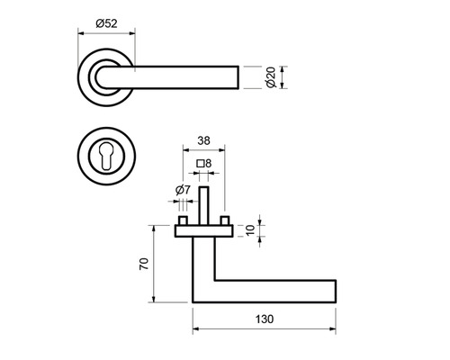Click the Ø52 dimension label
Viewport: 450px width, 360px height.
106,23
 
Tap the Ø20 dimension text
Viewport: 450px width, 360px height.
271,77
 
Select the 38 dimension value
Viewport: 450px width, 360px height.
203,140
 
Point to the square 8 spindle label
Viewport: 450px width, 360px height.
204,164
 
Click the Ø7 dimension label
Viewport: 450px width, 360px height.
183,190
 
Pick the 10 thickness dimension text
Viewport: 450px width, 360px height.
250,230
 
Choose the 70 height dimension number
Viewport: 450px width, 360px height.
144,264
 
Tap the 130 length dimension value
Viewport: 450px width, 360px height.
265,319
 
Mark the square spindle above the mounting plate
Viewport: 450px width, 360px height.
204,206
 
